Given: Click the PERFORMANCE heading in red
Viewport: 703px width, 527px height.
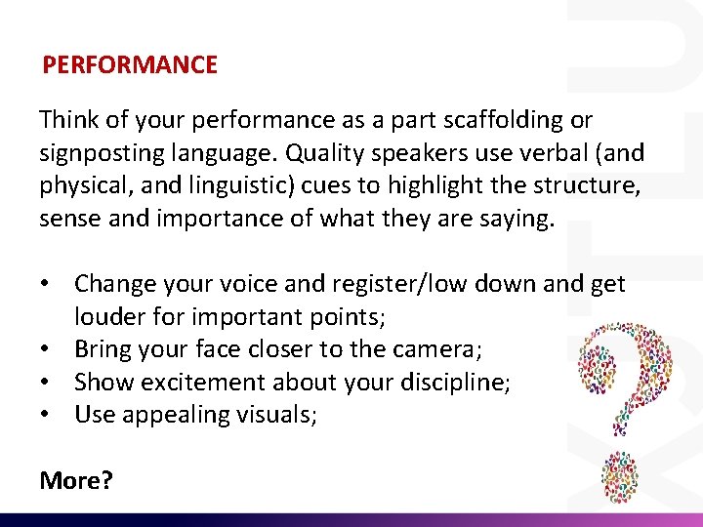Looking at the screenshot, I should point(129,65).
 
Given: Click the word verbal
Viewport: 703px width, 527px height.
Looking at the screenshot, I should point(552,153).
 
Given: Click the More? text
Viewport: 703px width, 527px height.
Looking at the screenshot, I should point(75,479).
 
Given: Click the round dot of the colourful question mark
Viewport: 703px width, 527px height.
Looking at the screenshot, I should point(618,478).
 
